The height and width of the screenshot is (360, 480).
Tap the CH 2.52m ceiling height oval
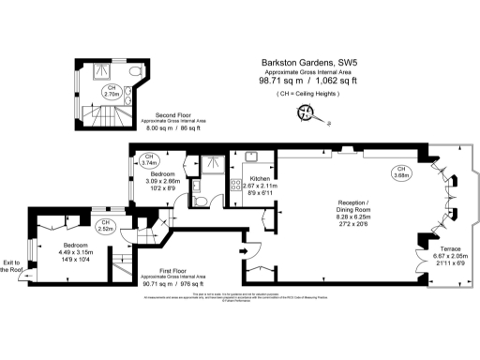106,224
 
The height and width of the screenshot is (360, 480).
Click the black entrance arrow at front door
243,250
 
